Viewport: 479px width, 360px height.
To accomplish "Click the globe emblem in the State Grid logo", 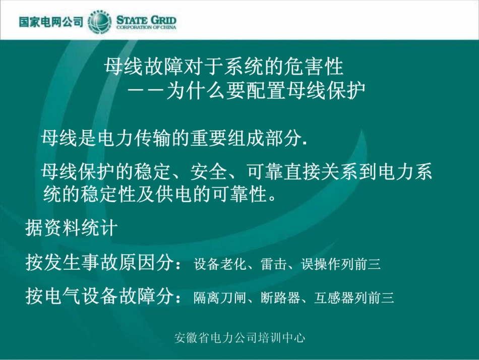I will pyautogui.click(x=100, y=23).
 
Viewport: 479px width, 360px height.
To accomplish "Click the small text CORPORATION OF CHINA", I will pyautogui.click(x=146, y=28).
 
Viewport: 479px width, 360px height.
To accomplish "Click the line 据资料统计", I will pyautogui.click(x=71, y=228).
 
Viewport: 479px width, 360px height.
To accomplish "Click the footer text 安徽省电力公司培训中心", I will pyautogui.click(x=239, y=337).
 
